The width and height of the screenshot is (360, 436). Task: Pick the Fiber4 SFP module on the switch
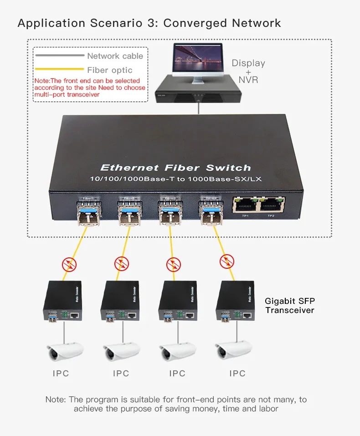click(210, 210)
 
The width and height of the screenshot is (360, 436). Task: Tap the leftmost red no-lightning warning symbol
click(69, 264)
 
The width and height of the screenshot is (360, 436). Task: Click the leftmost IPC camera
click(66, 352)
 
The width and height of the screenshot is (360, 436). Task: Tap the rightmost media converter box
click(236, 301)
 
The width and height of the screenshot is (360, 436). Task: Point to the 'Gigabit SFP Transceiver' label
click(290, 306)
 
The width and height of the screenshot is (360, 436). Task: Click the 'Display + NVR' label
click(248, 71)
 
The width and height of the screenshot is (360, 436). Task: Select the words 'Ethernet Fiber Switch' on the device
click(175, 168)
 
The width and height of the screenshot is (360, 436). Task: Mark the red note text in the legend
click(89, 87)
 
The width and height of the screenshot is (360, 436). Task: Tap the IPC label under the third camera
click(177, 374)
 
